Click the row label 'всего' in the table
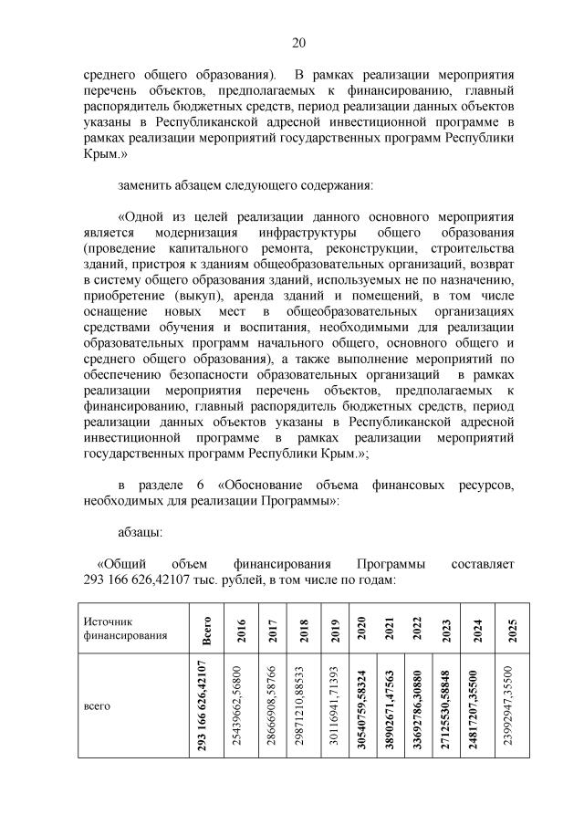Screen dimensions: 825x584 click(x=97, y=705)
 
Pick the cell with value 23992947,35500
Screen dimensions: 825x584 click(x=513, y=706)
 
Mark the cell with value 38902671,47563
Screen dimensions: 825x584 click(x=389, y=706)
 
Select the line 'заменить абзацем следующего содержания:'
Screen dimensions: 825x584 click(x=245, y=185)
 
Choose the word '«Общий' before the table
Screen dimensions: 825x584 click(x=123, y=564)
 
